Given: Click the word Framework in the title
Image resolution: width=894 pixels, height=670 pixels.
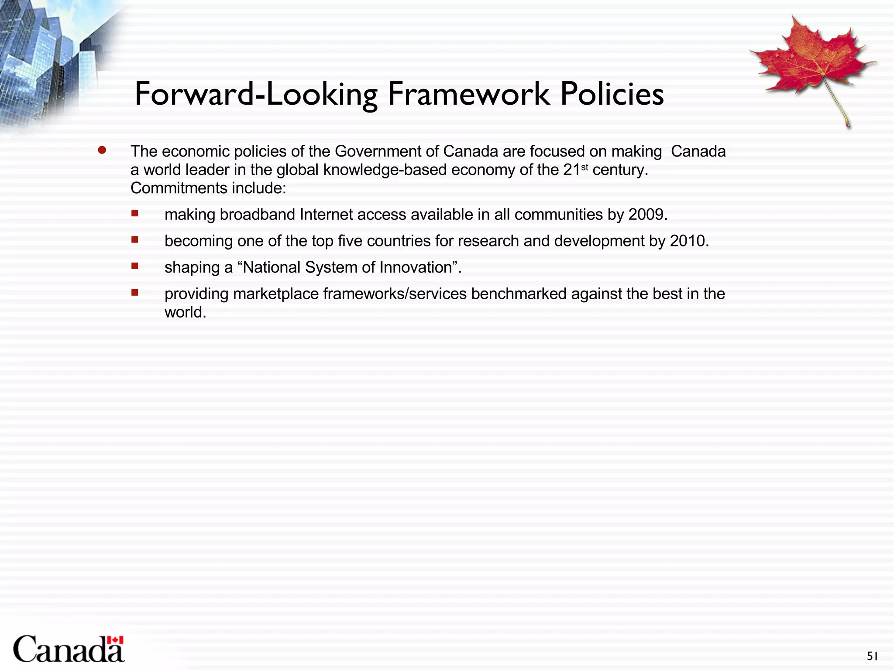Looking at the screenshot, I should [x=469, y=94].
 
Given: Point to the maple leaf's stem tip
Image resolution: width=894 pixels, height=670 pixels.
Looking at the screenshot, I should [x=848, y=126].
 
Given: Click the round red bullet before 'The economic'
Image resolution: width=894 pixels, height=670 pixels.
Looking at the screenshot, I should [x=102, y=150].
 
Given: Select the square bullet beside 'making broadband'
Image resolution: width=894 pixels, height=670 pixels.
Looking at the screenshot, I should [x=135, y=213].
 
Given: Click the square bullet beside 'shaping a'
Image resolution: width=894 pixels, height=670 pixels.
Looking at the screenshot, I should [x=135, y=266].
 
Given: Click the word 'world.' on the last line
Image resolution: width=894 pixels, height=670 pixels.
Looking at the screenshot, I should [x=185, y=312].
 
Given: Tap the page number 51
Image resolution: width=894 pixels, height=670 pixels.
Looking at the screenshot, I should [x=872, y=656].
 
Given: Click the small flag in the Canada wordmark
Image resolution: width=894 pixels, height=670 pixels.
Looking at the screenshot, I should [x=115, y=640].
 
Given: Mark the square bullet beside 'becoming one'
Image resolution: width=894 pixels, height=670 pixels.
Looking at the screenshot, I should [x=135, y=239].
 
